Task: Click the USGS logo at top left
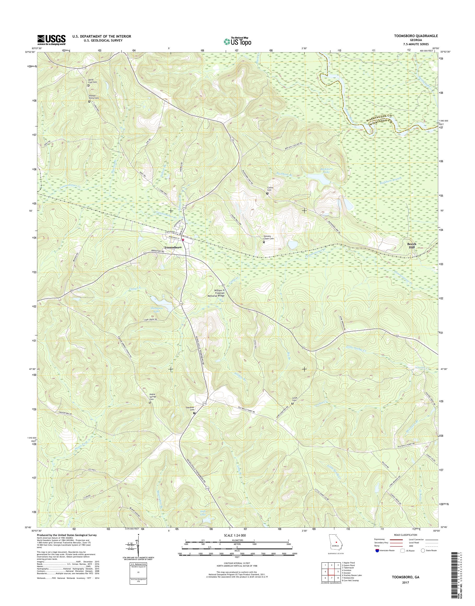tap(51, 40)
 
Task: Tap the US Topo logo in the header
tap(237, 42)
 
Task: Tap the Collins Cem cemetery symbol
tap(268, 193)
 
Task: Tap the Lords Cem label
tap(293, 399)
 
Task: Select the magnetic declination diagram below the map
tap(136, 547)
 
